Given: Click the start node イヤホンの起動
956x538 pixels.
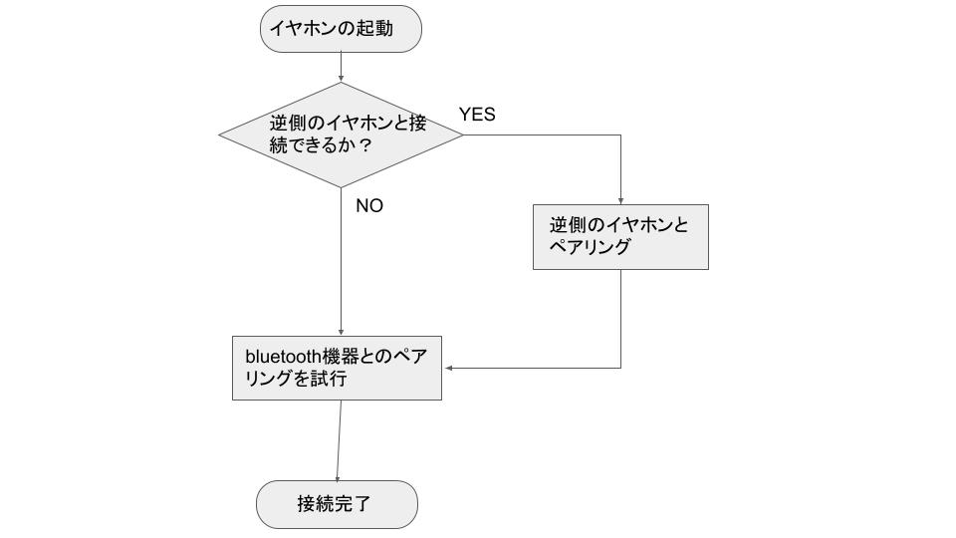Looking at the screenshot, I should click(x=341, y=29).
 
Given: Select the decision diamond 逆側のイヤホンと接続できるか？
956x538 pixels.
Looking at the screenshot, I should click(x=341, y=134).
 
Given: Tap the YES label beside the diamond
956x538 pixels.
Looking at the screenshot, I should click(x=477, y=115).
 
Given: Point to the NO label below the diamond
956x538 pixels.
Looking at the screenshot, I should click(x=369, y=206).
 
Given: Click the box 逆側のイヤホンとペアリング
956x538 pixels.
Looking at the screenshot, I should click(x=620, y=237).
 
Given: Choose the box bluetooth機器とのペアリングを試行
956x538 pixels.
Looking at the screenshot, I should click(x=337, y=367).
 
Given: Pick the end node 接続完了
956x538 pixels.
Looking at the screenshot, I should click(x=337, y=504).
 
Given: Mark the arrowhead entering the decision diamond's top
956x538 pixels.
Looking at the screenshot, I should click(x=341, y=78).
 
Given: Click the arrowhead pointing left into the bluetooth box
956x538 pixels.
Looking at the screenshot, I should click(x=448, y=368).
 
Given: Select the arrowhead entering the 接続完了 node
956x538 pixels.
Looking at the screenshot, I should click(x=337, y=477).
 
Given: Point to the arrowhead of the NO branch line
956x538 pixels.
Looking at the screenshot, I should click(x=341, y=331).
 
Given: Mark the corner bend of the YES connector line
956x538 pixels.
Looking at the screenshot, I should click(x=620, y=134).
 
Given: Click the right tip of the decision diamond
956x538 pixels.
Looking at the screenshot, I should click(x=462, y=134).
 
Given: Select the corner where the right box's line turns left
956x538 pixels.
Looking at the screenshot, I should click(x=620, y=368).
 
